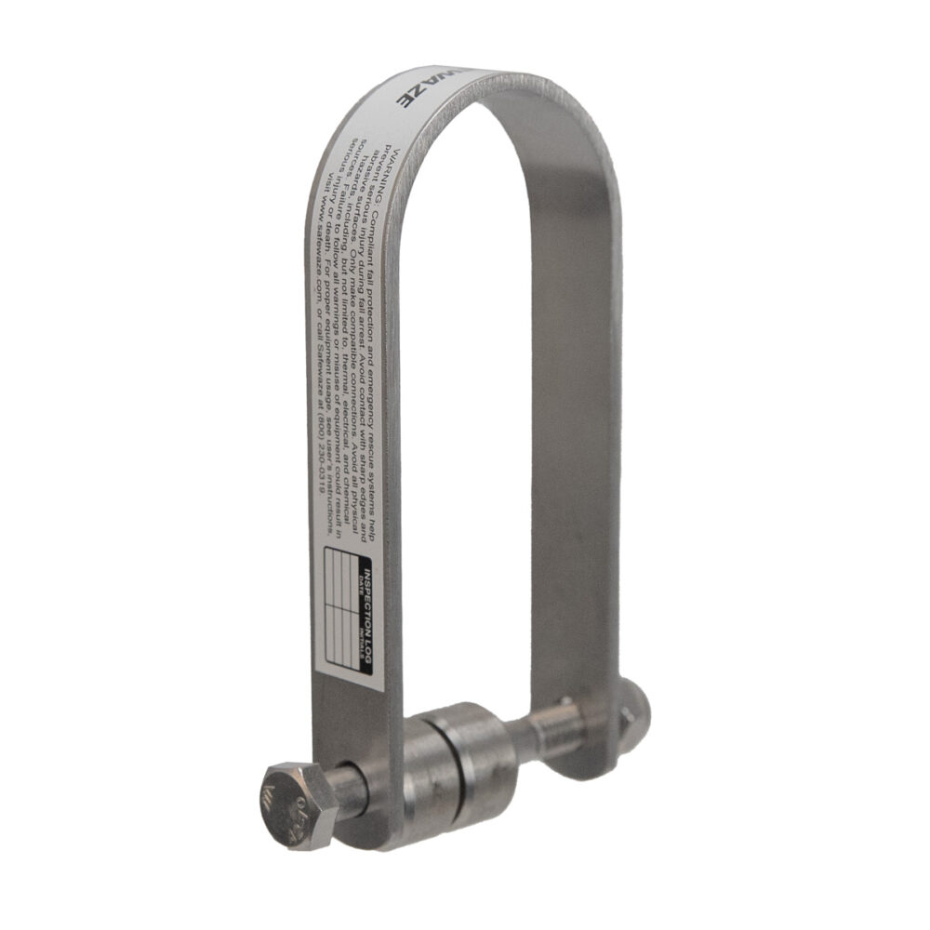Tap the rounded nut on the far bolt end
635,709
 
